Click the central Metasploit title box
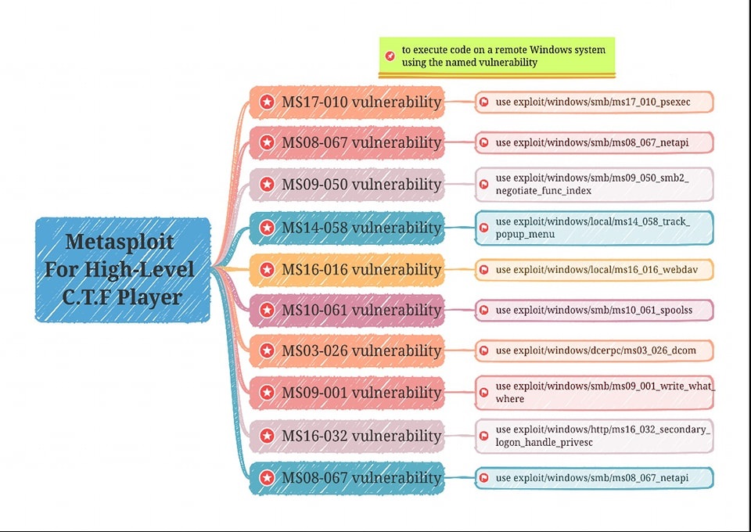(x=123, y=269)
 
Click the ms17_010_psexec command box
(x=594, y=102)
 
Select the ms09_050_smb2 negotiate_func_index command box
(x=594, y=185)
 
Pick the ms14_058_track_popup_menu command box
(x=594, y=228)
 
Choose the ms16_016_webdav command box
(x=594, y=270)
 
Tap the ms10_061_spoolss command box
(x=594, y=311)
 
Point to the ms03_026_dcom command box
(x=594, y=350)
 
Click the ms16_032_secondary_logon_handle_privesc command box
(x=594, y=436)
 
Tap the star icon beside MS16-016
(x=267, y=270)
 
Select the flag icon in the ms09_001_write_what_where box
(x=484, y=393)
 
